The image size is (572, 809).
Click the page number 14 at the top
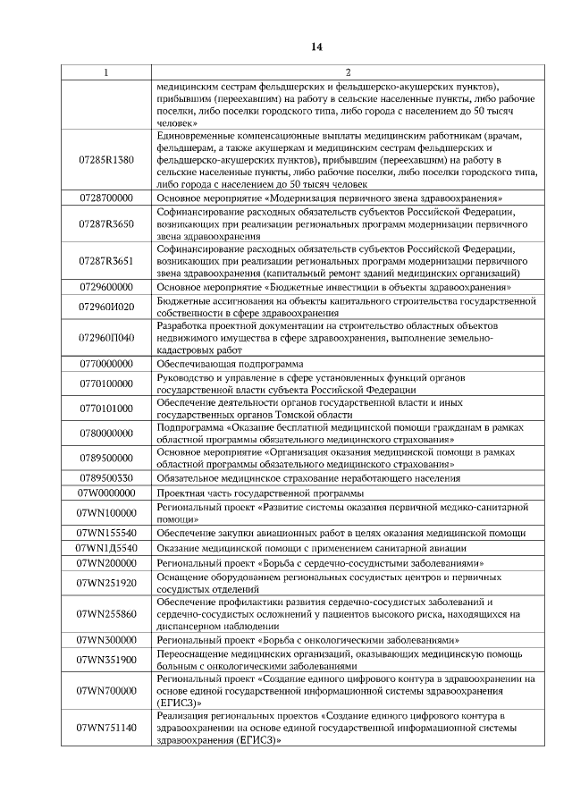pos(316,46)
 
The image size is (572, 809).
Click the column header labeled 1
pos(106,72)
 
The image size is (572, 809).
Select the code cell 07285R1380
pos(106,159)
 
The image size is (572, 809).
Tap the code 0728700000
pos(106,197)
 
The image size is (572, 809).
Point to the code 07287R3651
pos(106,260)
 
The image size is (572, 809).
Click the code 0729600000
pos(106,287)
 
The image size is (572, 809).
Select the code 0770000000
pos(106,364)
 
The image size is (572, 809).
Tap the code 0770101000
pos(106,409)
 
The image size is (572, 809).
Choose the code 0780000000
pos(106,434)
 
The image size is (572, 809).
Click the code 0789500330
pos(106,478)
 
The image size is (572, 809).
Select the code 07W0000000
pos(106,493)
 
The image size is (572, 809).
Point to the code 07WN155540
pos(106,533)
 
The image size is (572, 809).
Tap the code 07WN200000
pos(106,563)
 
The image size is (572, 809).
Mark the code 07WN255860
pos(106,614)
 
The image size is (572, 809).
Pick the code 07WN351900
pos(106,660)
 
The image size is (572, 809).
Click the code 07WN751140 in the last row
pos(106,728)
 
